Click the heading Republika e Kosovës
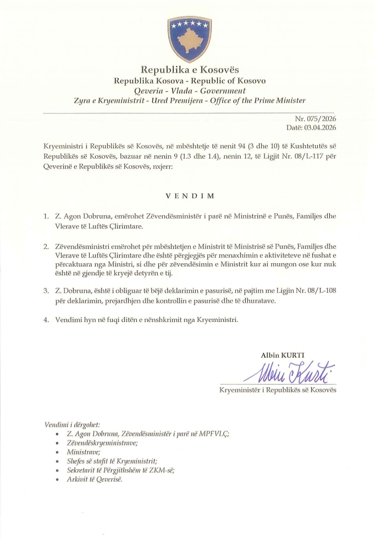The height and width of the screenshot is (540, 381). (190, 70)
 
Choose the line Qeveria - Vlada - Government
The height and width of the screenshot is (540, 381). (190, 91)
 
